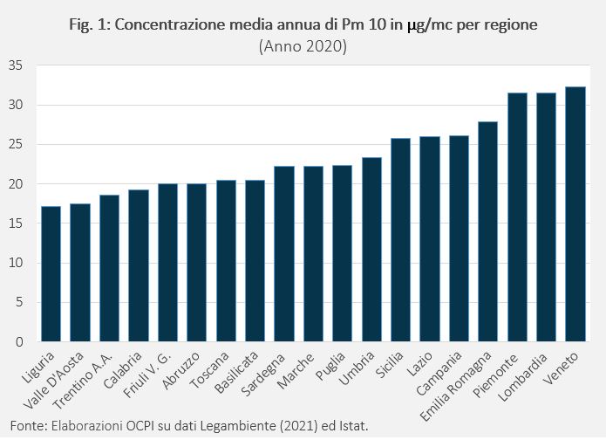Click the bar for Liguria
51,274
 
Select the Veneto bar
575,214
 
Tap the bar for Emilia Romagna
487,231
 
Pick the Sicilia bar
400,240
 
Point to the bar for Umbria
371,250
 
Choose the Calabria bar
139,265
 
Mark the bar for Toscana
226,261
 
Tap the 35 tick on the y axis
17,65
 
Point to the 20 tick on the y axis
17,184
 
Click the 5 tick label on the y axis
20,303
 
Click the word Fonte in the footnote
21,426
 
